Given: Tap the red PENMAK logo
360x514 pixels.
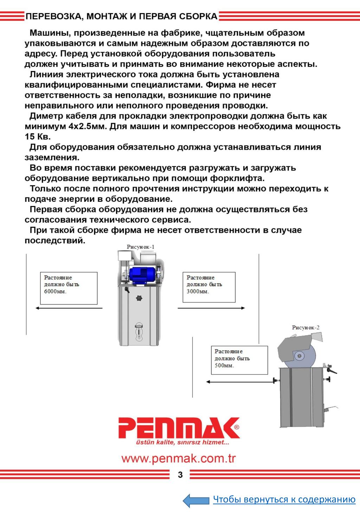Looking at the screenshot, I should click(x=179, y=428).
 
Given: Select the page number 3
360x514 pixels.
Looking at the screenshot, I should click(x=180, y=475).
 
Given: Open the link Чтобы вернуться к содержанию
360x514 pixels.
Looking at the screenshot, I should click(x=284, y=500).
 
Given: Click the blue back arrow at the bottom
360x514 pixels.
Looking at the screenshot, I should click(x=196, y=500).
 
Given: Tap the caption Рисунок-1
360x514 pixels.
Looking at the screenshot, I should click(x=141, y=247).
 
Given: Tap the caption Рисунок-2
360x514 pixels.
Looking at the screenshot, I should click(x=306, y=327).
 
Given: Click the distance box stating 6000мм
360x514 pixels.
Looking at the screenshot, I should click(x=69, y=288).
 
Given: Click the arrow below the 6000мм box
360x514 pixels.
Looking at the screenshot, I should click(x=69, y=308).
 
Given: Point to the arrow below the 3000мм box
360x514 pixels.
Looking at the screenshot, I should click(x=211, y=308).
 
